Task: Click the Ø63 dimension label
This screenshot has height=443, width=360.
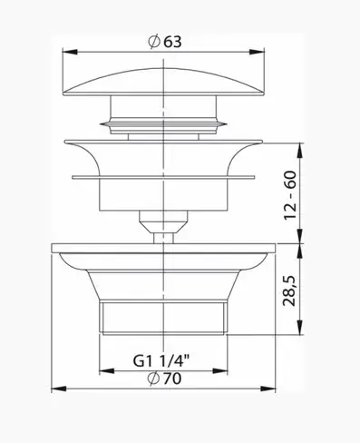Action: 165,42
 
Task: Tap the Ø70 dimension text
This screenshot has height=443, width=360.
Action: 165,379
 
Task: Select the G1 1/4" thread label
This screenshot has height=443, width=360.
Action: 161,360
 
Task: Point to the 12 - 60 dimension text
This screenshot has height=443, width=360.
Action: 290,195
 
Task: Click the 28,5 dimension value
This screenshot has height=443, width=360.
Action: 289,290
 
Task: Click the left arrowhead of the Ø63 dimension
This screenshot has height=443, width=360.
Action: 70,52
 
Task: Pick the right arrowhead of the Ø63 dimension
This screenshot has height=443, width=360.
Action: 257,52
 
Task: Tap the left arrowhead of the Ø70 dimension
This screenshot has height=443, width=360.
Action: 59,389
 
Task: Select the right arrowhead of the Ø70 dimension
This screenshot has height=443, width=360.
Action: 268,389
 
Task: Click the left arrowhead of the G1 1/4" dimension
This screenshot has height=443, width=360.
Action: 107,371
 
